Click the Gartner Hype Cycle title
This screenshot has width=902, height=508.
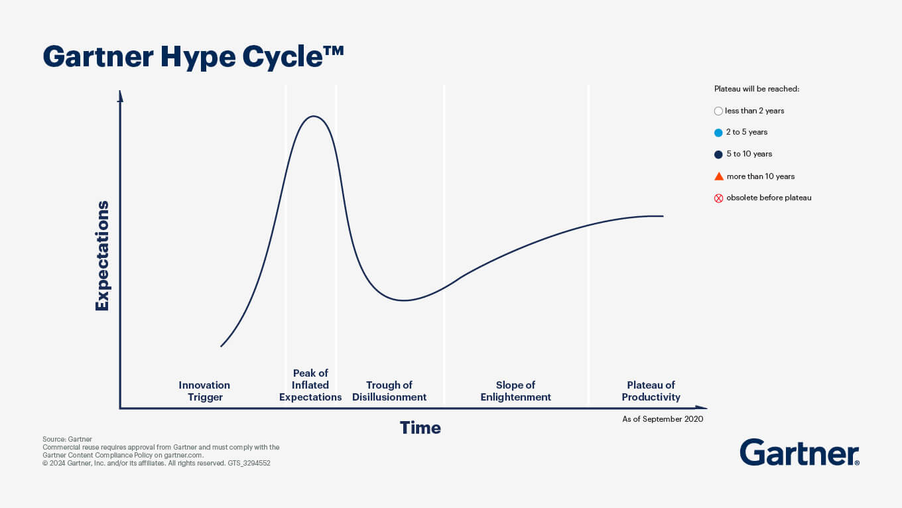tap(193, 57)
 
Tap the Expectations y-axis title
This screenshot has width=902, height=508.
tap(102, 255)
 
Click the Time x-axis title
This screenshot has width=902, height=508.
tap(420, 428)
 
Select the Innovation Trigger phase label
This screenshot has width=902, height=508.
tap(204, 391)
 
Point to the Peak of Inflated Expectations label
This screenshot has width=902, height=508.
tap(310, 385)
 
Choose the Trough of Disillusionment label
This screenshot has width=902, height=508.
tap(389, 391)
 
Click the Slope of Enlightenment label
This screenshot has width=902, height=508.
tap(515, 391)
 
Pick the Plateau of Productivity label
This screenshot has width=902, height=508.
tap(651, 391)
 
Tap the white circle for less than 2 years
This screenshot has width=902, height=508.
tap(718, 111)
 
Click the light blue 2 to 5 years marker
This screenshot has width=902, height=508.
tap(718, 133)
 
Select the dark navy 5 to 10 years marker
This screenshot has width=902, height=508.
tap(718, 155)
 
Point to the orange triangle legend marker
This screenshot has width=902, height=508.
tap(718, 176)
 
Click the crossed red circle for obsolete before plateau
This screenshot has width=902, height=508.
tap(718, 198)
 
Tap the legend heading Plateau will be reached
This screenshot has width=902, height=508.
tap(756, 89)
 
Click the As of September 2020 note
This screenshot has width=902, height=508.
tap(663, 419)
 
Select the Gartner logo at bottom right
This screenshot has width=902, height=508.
tap(799, 452)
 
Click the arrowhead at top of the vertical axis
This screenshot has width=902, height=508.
tap(120, 96)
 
